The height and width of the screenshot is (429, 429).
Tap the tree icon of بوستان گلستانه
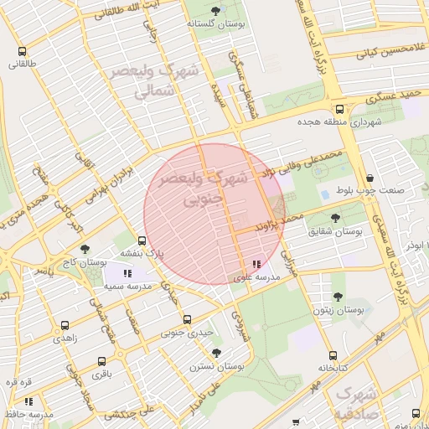pyautogui.click(x=217, y=11)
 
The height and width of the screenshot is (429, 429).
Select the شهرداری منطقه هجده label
pyautogui.click(x=339, y=122)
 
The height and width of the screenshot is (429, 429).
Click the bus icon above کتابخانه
pyautogui.click(x=333, y=355)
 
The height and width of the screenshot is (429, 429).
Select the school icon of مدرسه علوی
pyautogui.click(x=256, y=265)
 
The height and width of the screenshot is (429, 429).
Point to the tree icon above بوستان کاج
pyautogui.click(x=84, y=249)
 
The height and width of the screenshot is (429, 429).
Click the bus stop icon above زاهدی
pyautogui.click(x=66, y=325)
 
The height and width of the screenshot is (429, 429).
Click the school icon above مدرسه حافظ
pyautogui.click(x=28, y=402)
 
